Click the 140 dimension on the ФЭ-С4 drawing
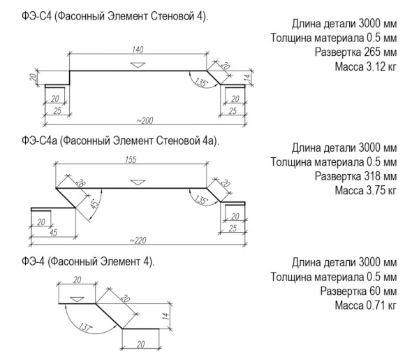pyautogui.click(x=138, y=50)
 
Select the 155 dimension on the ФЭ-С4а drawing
pyautogui.click(x=131, y=159)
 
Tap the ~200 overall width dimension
pyautogui.click(x=145, y=120)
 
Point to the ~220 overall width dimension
pyautogui.click(x=138, y=240)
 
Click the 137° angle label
pyautogui.click(x=85, y=327)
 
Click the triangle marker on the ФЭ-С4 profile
pyautogui.click(x=138, y=65)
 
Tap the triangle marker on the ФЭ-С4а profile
pyautogui.click(x=138, y=182)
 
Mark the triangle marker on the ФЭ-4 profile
pyautogui.click(x=77, y=299)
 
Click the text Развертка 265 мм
pyautogui.click(x=355, y=52)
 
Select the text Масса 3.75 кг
pyautogui.click(x=365, y=190)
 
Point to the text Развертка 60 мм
pyautogui.click(x=358, y=291)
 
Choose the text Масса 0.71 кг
pyautogui.click(x=365, y=305)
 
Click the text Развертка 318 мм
pyautogui.click(x=355, y=176)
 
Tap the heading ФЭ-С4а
pyautogui.click(x=39, y=141)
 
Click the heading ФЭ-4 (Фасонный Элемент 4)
pyautogui.click(x=88, y=261)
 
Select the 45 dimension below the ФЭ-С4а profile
pyautogui.click(x=53, y=233)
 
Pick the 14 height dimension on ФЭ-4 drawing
pyautogui.click(x=166, y=316)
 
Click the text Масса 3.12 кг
pyautogui.click(x=365, y=66)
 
